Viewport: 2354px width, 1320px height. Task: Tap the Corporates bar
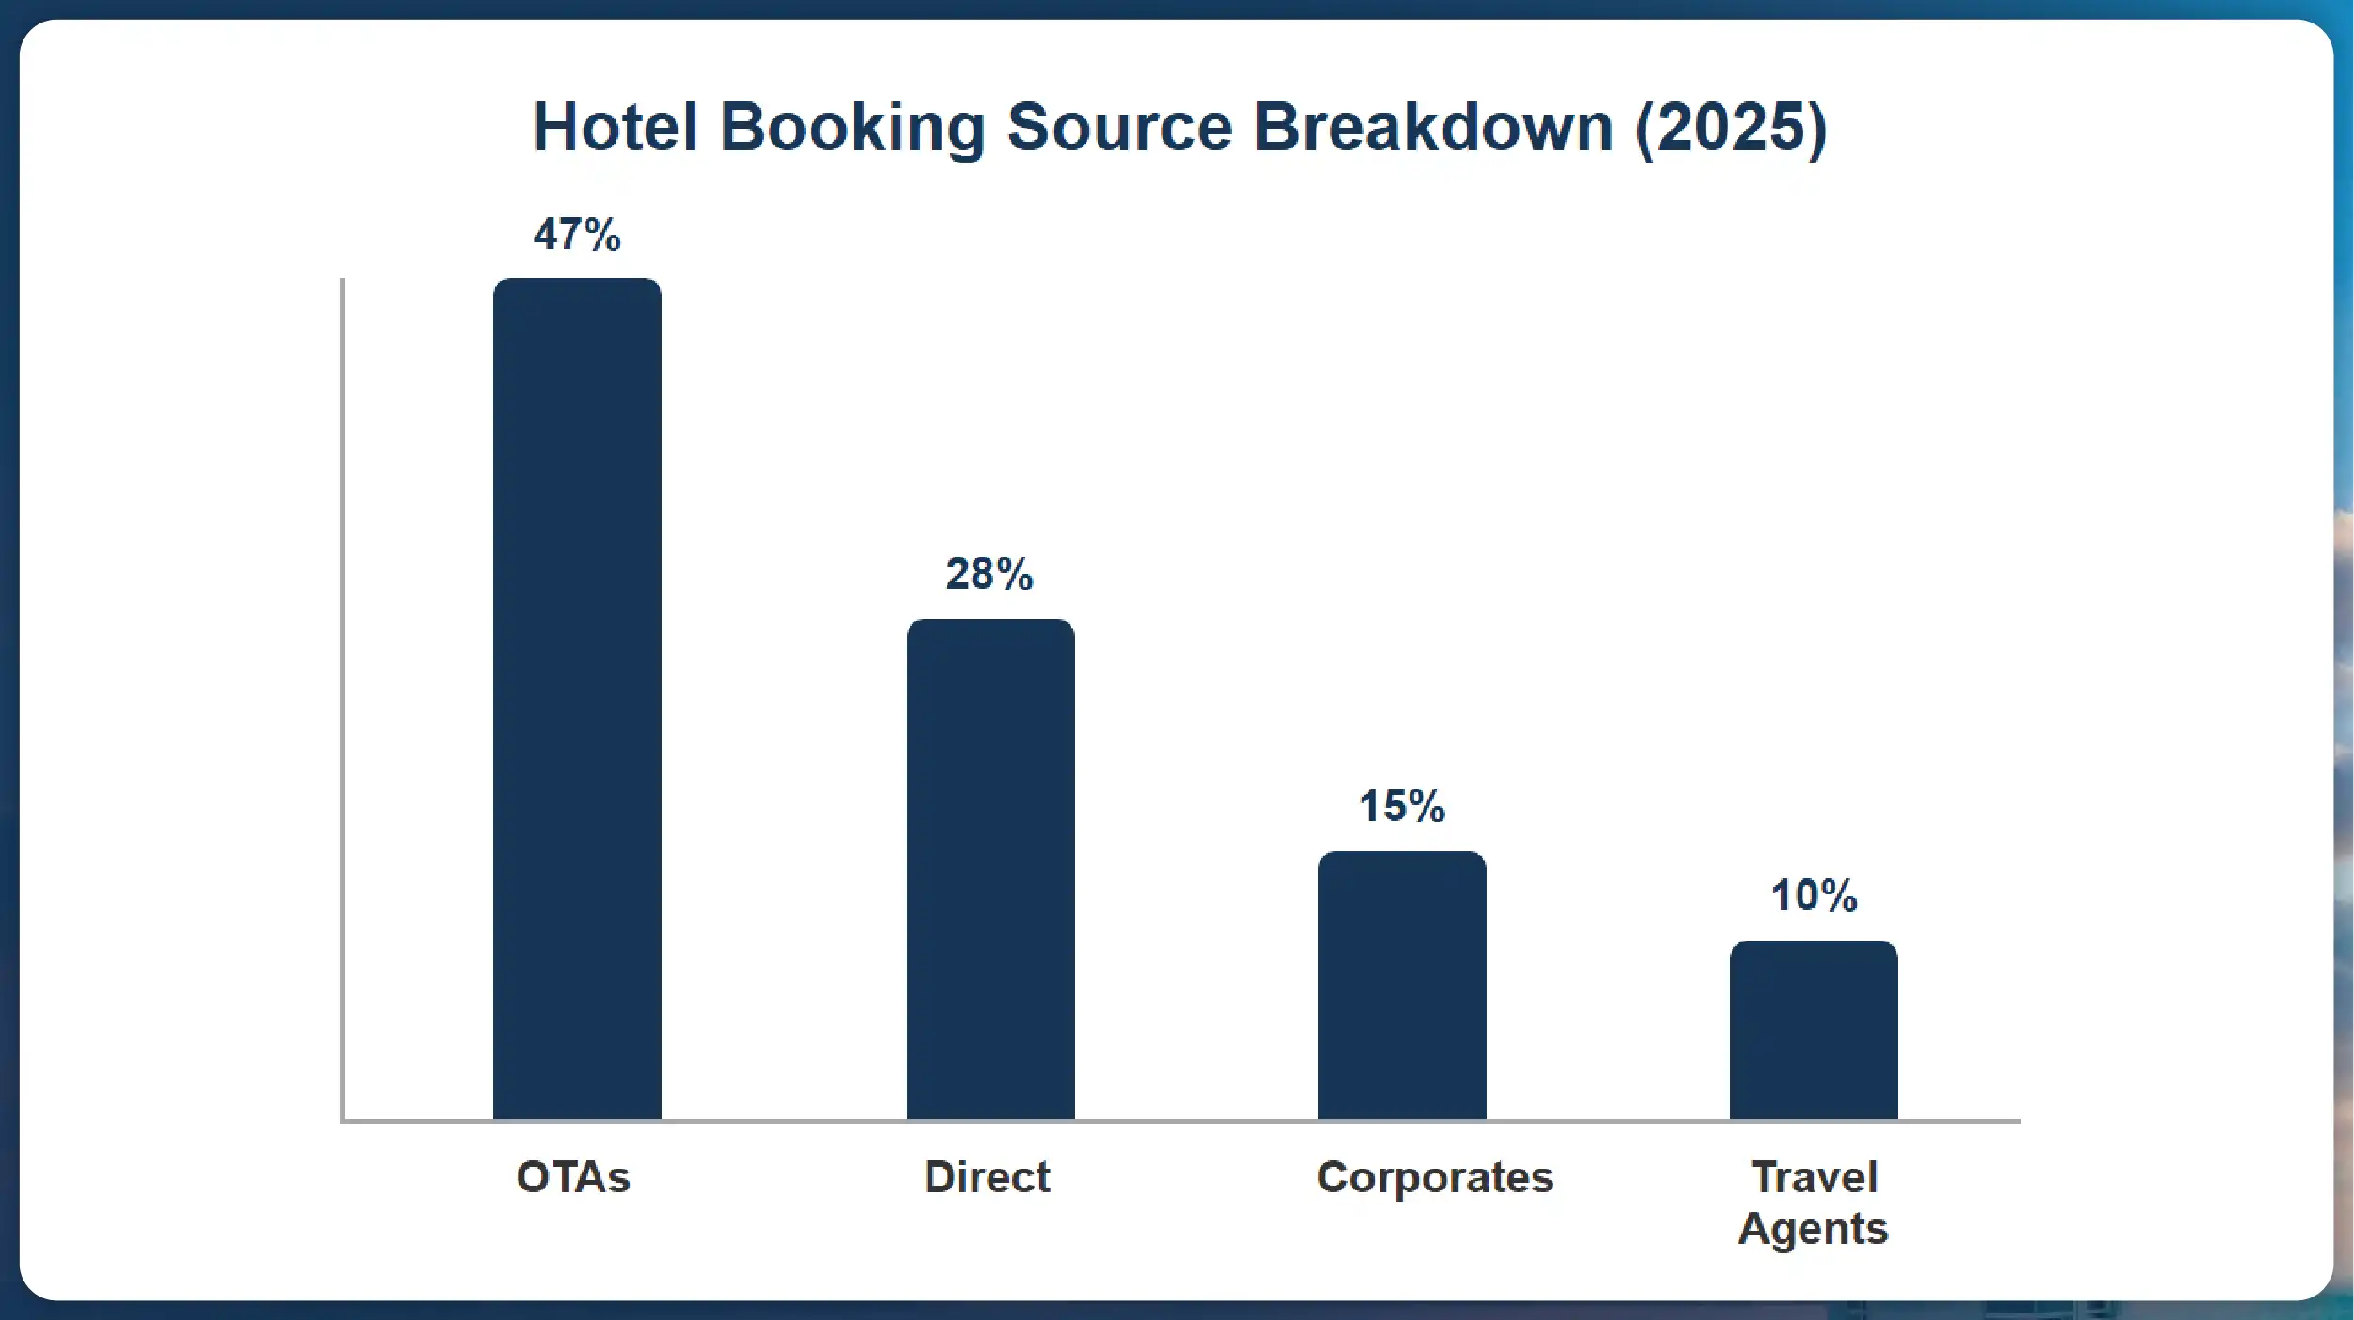(1401, 986)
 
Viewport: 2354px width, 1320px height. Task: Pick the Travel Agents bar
(1813, 1032)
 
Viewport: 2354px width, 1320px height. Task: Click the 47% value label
(577, 235)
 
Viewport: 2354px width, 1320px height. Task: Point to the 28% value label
(989, 574)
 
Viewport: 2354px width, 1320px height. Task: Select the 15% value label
(1401, 806)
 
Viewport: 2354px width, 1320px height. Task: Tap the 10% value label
(1814, 895)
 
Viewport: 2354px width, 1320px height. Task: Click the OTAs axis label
(573, 1177)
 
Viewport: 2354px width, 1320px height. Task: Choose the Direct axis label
(987, 1177)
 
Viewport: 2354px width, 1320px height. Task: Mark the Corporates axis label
(1435, 1177)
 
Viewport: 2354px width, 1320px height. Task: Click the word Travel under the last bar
(1815, 1177)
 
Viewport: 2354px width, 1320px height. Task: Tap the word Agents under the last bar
(1813, 1229)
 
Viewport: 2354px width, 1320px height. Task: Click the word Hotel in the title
(616, 127)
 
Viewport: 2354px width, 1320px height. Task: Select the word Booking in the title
(851, 129)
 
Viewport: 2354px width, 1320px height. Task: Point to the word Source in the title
(1119, 127)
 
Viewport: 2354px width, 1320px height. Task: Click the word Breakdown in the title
(1434, 127)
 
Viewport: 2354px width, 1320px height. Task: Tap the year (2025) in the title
(1731, 129)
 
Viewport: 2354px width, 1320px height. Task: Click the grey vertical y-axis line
(342, 695)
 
